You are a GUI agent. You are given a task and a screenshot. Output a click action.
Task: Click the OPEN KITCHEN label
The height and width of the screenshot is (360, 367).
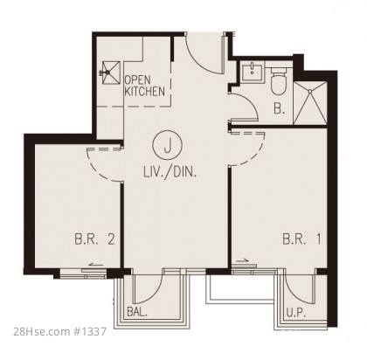click(x=145, y=86)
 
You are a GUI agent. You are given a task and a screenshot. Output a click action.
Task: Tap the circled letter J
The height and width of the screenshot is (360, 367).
click(x=167, y=145)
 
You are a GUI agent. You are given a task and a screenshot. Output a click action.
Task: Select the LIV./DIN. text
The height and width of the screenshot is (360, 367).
click(x=170, y=172)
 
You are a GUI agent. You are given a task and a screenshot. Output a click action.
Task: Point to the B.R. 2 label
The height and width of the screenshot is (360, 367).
click(x=94, y=239)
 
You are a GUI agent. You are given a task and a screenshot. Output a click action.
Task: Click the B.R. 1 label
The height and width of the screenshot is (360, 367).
click(x=301, y=239)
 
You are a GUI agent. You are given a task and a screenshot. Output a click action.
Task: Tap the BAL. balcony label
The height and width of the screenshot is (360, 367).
click(x=137, y=312)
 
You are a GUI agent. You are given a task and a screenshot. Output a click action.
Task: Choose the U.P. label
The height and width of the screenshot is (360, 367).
click(x=295, y=313)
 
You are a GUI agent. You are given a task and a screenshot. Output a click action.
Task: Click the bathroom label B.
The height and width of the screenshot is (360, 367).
click(x=279, y=108)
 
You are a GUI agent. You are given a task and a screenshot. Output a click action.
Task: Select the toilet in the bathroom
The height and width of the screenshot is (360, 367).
click(x=279, y=80)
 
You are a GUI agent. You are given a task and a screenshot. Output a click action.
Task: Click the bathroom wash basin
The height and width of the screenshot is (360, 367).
click(x=253, y=73)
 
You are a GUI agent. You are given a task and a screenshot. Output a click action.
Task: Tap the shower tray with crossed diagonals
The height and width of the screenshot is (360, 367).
click(x=310, y=103)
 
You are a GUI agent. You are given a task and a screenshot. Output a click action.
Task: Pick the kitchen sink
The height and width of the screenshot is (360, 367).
click(x=110, y=73)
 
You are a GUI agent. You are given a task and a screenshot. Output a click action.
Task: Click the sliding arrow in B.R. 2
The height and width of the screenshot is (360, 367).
click(x=96, y=265)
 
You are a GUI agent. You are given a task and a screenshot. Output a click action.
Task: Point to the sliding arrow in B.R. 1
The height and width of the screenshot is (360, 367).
click(x=242, y=260)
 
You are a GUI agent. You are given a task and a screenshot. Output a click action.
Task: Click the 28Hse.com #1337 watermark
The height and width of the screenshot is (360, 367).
click(x=60, y=331)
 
